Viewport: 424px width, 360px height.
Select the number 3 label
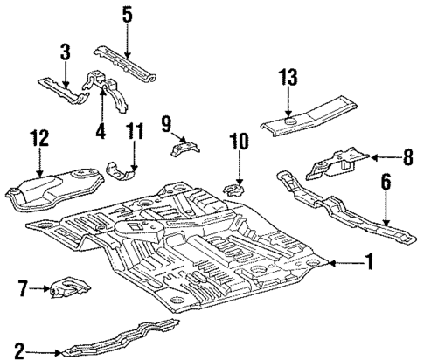click(x=65, y=52)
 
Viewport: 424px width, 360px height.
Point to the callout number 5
click(x=127, y=14)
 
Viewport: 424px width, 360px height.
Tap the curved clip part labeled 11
click(x=122, y=168)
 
